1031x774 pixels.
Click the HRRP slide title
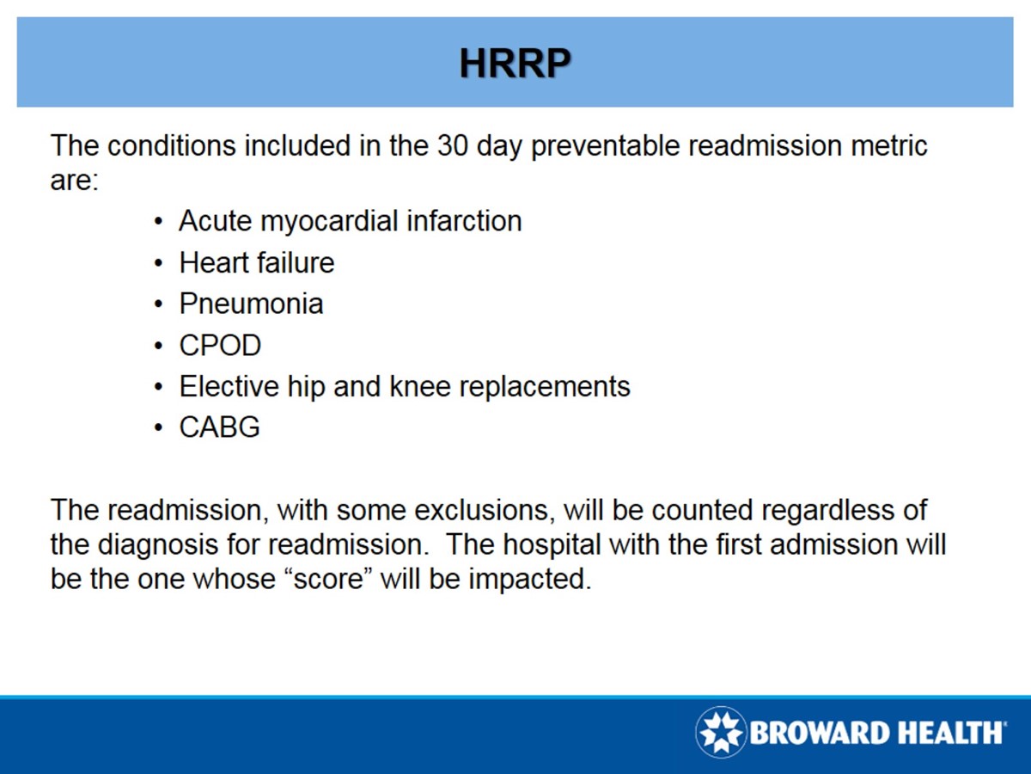[515, 63]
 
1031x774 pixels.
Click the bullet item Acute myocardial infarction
[350, 221]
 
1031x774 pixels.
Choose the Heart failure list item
[256, 262]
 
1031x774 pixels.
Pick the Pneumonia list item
[251, 304]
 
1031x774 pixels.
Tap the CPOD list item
[220, 345]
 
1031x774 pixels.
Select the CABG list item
[219, 427]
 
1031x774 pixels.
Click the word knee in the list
[421, 386]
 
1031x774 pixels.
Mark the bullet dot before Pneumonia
[158, 304]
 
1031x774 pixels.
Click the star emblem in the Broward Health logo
[721, 733]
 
